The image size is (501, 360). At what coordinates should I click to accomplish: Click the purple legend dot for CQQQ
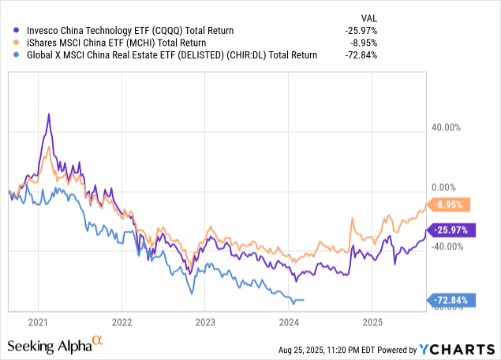point(10,30)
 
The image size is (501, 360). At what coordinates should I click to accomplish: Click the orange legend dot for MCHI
point(10,43)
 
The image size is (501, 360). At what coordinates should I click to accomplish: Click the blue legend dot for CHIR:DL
point(10,55)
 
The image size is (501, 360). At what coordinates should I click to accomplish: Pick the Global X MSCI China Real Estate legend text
point(166,55)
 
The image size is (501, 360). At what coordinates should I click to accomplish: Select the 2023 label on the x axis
point(205,322)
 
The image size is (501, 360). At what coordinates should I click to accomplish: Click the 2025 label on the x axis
point(372,322)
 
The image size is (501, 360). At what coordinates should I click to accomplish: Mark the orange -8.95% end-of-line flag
point(453,204)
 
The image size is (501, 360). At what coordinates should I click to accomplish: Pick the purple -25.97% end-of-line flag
point(453,230)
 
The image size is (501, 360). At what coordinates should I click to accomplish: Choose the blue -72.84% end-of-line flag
point(453,300)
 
